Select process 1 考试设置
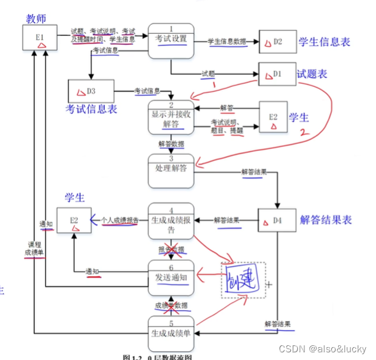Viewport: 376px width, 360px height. pyautogui.click(x=171, y=39)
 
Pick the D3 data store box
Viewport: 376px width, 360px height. pyautogui.click(x=90, y=91)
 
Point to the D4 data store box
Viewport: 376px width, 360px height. pyautogui.click(x=277, y=221)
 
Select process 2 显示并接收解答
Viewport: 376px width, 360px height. pyautogui.click(x=171, y=116)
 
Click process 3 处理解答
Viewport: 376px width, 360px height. pyautogui.click(x=171, y=170)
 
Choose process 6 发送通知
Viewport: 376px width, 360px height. pyautogui.click(x=171, y=276)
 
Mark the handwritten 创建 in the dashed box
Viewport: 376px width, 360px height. pyautogui.click(x=243, y=280)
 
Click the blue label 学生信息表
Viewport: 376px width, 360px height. pyautogui.click(x=324, y=42)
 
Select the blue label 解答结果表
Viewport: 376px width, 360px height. pyautogui.click(x=325, y=220)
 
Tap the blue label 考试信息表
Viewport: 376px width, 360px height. pyautogui.click(x=91, y=109)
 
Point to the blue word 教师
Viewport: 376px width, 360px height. pyautogui.click(x=36, y=19)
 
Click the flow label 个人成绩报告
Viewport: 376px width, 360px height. pyautogui.click(x=120, y=221)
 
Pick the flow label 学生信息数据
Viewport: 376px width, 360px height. pyautogui.click(x=227, y=42)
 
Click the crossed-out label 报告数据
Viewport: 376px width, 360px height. pyautogui.click(x=171, y=249)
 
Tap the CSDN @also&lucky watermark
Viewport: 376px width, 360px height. pyautogui.click(x=322, y=348)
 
